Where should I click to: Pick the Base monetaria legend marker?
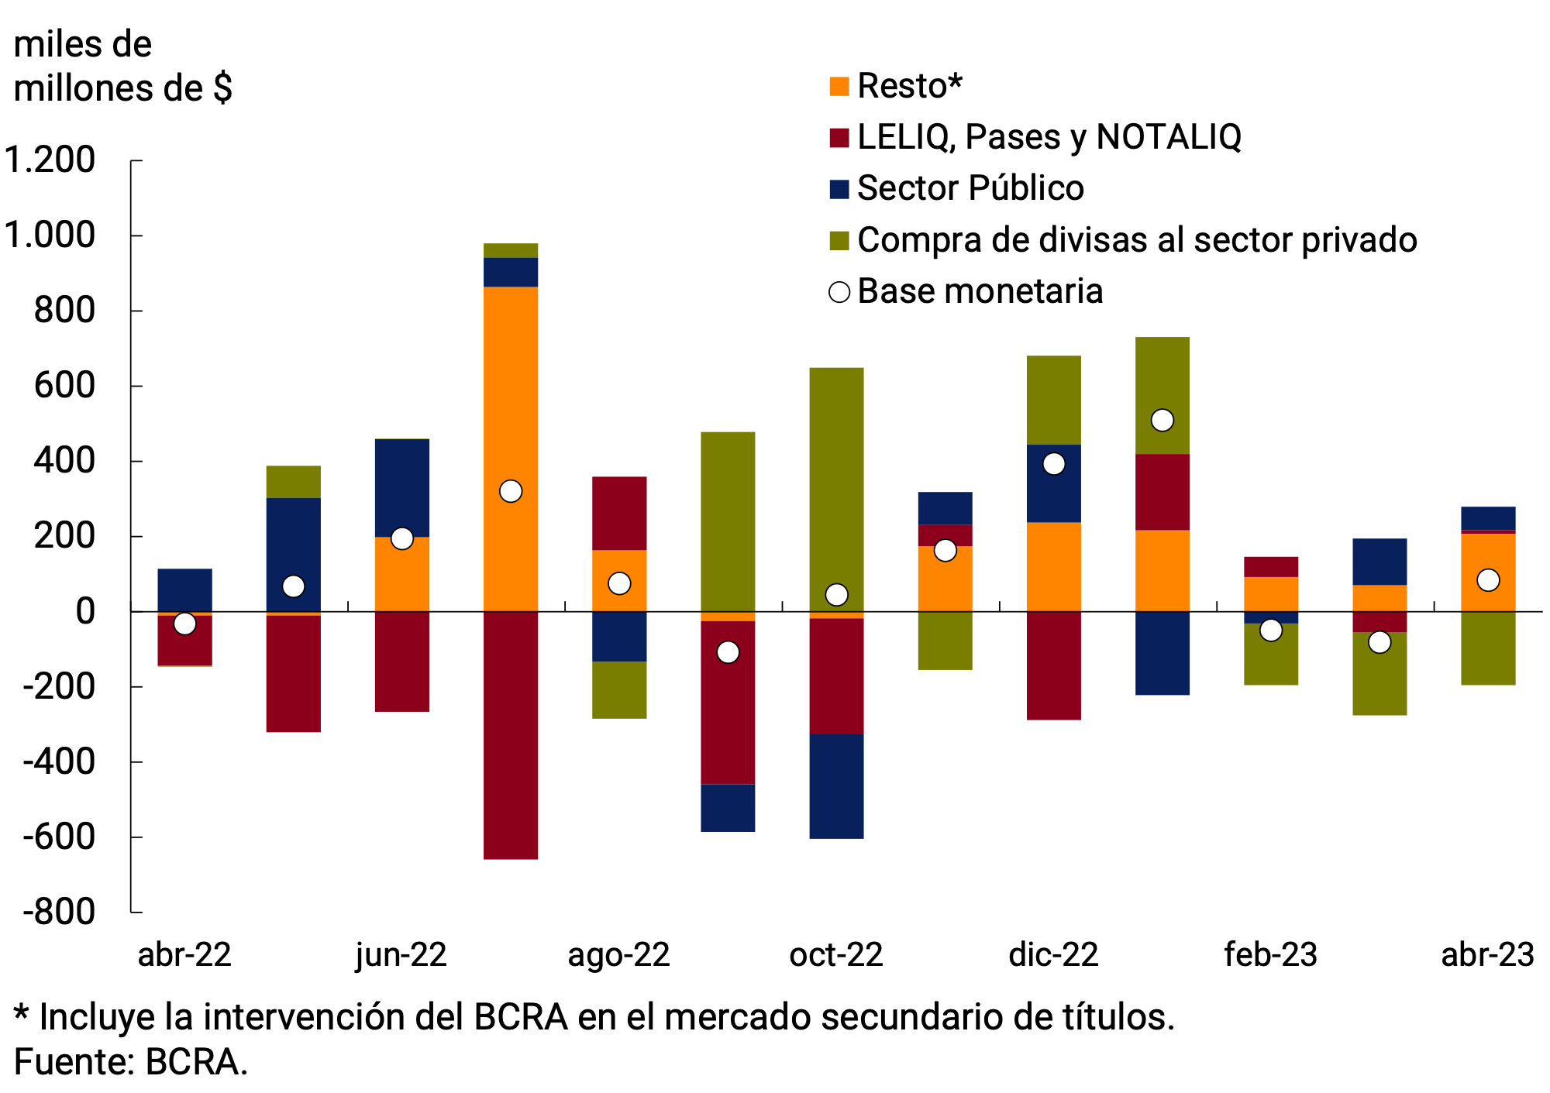[839, 292]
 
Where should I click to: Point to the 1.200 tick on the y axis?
[50, 160]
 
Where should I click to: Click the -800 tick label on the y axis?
[59, 912]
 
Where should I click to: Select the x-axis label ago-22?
[618, 955]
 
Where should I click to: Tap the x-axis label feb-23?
[1270, 955]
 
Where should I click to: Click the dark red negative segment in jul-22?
[511, 736]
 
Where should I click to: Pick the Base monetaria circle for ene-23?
[1162, 421]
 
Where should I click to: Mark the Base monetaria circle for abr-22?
[184, 624]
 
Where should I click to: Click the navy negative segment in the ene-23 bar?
[1162, 653]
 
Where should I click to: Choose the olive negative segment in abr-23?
[1487, 648]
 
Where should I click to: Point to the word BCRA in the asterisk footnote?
[521, 1017]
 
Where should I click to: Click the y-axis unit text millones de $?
[122, 88]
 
